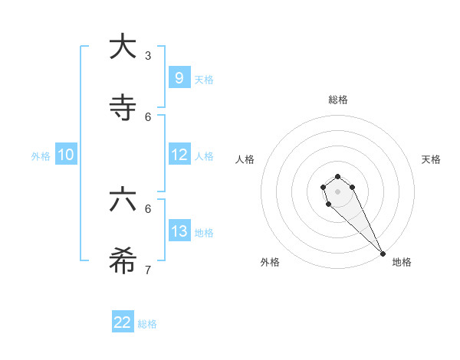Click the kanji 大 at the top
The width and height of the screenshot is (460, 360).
click(123, 47)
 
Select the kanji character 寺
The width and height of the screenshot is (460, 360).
click(123, 108)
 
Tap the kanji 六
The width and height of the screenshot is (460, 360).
click(123, 200)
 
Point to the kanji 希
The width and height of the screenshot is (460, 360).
click(123, 261)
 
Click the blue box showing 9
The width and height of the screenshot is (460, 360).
click(179, 77)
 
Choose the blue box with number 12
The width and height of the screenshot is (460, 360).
click(179, 154)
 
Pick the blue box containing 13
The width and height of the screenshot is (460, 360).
click(179, 231)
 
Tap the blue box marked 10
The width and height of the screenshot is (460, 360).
click(66, 155)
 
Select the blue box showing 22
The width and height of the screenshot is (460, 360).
click(123, 322)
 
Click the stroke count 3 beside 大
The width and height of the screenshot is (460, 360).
click(148, 56)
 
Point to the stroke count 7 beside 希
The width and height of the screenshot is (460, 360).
click(148, 270)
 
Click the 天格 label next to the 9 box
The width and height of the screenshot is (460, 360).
click(204, 80)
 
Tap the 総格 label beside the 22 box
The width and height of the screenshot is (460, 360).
click(147, 324)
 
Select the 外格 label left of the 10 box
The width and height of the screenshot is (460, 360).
click(41, 156)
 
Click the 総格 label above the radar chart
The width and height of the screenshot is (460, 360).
click(337, 100)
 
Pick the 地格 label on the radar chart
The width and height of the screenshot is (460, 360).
click(402, 262)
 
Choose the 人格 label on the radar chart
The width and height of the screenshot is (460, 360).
click(245, 159)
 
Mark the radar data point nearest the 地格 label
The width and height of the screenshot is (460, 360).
click(383, 254)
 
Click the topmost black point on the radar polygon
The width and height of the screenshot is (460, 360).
click(337, 176)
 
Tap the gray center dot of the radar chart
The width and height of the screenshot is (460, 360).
click(337, 191)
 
